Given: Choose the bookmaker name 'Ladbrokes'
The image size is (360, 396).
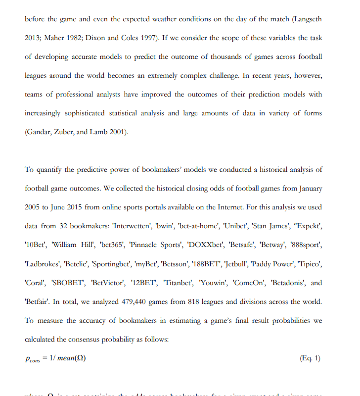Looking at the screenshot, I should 43,264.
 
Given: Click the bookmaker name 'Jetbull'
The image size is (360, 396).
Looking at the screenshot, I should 241,264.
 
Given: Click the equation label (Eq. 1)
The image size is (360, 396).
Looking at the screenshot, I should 310,358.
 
